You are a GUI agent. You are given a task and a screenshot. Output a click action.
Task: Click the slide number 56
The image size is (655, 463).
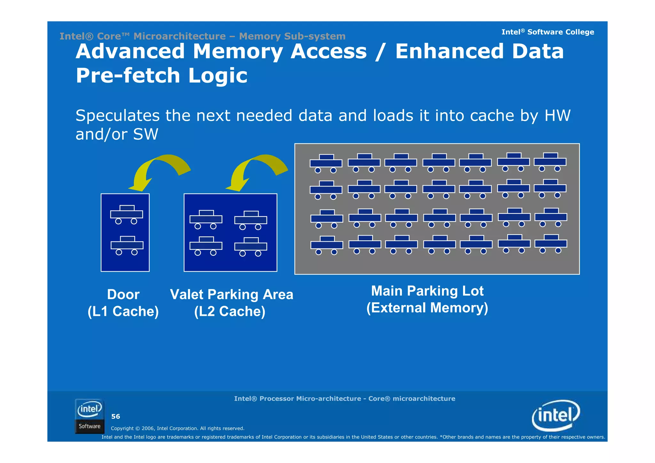115,416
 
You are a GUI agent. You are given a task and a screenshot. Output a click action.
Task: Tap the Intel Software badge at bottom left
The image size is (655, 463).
90,416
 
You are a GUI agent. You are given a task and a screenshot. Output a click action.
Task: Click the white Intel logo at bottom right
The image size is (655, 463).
556,415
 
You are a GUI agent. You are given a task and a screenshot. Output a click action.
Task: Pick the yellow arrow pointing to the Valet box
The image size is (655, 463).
256,170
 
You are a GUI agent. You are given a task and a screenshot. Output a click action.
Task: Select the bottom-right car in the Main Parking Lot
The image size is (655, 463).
551,243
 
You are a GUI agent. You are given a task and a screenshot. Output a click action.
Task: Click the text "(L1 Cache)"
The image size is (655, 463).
123,311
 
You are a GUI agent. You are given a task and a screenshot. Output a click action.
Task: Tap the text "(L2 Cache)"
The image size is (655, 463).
230,311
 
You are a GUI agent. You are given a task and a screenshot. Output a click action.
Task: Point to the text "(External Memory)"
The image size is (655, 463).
427,308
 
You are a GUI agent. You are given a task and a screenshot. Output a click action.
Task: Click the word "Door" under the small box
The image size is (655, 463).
123,294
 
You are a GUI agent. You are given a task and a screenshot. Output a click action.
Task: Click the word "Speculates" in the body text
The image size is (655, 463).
117,116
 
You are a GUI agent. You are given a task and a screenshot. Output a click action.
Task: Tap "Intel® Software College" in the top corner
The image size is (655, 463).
548,32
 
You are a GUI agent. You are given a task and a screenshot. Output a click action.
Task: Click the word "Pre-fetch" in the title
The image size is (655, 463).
128,76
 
